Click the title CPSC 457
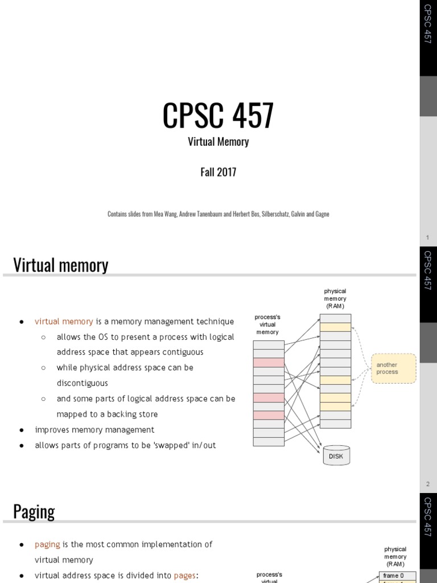tap(218, 116)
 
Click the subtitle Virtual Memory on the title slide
tap(218, 142)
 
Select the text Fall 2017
tap(218, 172)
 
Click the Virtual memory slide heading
tap(60, 265)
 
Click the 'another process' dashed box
tap(393, 368)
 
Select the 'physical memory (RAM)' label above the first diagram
tap(335, 298)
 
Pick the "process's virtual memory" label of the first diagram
tap(267, 325)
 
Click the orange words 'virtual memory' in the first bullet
tap(64, 322)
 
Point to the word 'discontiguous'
tap(82, 383)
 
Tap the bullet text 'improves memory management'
tap(94, 430)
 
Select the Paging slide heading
tap(34, 511)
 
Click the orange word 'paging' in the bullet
tap(47, 544)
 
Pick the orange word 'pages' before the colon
tap(184, 575)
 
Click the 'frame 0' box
tap(394, 576)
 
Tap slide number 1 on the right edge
tap(428, 237)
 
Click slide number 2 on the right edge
tap(428, 484)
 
